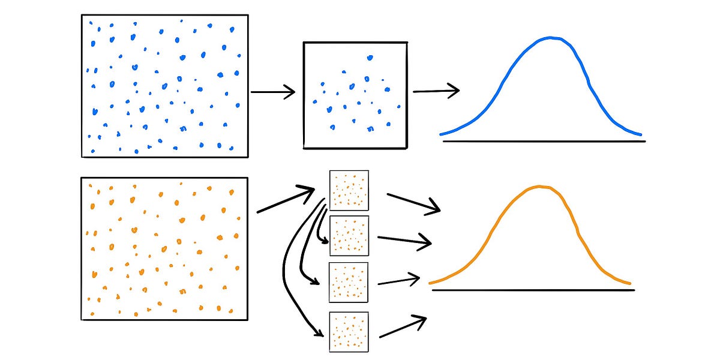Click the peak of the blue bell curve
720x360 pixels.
(x=550, y=38)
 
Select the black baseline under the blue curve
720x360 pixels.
(x=544, y=142)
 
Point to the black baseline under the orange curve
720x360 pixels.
(x=533, y=290)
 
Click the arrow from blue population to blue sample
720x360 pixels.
(x=273, y=92)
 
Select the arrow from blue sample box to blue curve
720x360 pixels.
(x=436, y=91)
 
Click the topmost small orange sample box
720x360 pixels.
(x=349, y=190)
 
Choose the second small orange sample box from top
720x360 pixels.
(x=349, y=236)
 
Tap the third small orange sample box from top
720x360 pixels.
(x=349, y=282)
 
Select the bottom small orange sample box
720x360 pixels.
(x=349, y=332)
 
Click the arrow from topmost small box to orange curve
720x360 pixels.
(x=413, y=203)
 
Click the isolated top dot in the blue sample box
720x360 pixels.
(x=370, y=58)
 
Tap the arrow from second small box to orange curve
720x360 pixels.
(x=402, y=239)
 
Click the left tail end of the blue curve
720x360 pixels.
(x=442, y=134)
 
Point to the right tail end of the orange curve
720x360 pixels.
(x=629, y=283)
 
